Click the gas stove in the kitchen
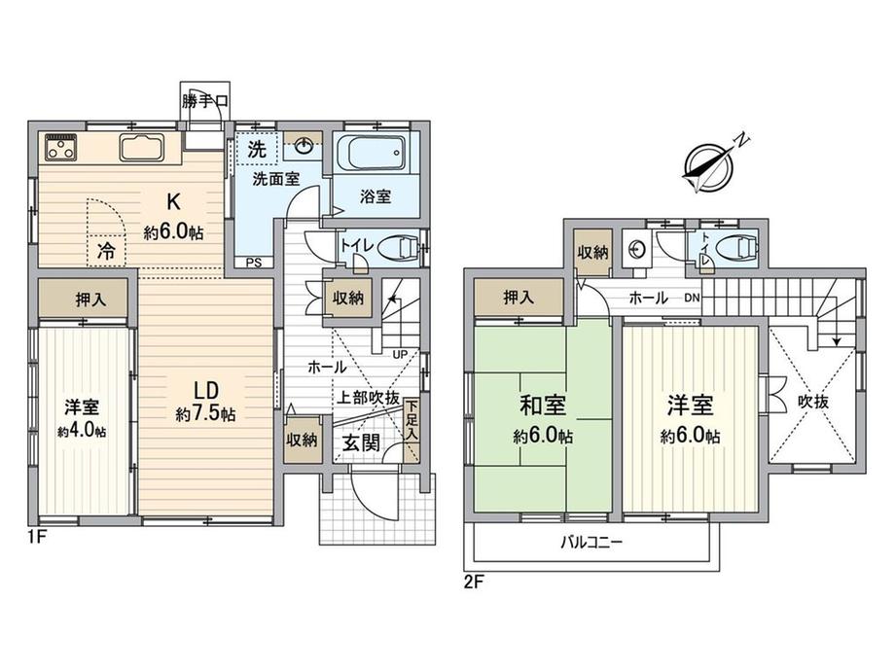(61, 147)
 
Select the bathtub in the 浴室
(371, 153)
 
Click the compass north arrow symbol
(708, 166)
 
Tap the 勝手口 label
(205, 101)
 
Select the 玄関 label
(361, 442)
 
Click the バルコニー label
(591, 542)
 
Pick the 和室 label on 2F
(543, 406)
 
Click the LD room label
(206, 390)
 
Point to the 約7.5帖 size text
(205, 413)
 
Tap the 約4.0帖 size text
(82, 431)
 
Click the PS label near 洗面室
(254, 263)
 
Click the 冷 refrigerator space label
(106, 251)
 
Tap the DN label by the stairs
(693, 298)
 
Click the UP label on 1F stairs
(400, 354)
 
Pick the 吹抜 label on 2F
(813, 402)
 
